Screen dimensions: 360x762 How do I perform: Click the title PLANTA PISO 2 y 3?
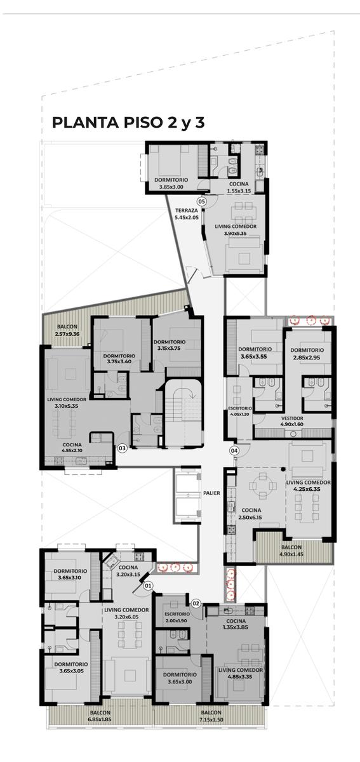click(128, 123)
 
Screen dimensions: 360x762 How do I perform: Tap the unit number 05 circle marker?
click(202, 202)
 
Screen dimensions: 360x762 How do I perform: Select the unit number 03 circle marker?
click(122, 448)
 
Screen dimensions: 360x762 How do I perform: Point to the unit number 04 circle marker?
click(234, 451)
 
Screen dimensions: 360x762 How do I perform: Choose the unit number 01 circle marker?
click(148, 585)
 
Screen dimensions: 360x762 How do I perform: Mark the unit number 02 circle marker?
click(196, 604)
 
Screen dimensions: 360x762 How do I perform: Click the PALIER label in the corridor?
click(211, 493)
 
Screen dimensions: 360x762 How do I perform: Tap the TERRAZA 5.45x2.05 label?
click(187, 213)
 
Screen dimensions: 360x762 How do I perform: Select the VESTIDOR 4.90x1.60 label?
click(292, 421)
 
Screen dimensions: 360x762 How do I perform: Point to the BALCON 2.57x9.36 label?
click(67, 330)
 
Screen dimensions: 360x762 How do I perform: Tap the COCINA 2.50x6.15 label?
click(251, 514)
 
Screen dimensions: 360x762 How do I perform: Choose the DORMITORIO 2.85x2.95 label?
click(307, 354)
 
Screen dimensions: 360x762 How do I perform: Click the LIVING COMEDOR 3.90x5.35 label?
click(236, 230)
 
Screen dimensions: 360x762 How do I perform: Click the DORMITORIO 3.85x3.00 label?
click(171, 183)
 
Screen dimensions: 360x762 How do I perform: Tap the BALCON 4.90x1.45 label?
click(291, 551)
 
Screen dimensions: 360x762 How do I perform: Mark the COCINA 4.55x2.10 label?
click(72, 448)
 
